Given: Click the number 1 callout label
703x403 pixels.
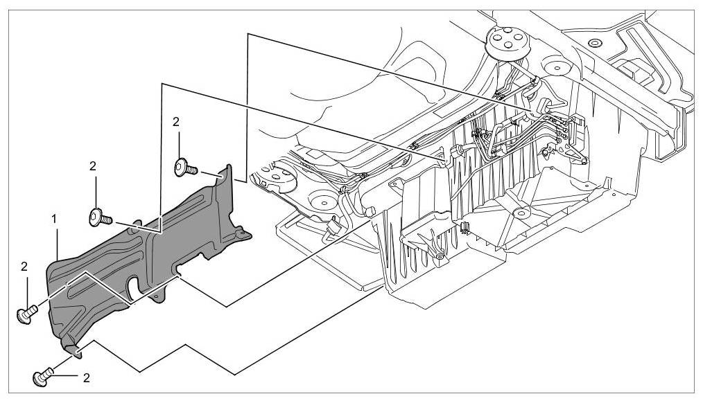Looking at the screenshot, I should coord(55,219).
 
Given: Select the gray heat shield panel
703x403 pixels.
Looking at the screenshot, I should coord(139,249).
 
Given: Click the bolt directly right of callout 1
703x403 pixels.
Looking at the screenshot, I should coord(99,218).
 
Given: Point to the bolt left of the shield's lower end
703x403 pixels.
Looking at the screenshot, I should coord(26,314).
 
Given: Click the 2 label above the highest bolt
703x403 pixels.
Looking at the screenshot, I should coord(176,122).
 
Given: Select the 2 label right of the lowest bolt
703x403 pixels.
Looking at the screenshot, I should coord(87,378).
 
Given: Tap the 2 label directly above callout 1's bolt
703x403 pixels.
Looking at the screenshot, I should coord(93,166).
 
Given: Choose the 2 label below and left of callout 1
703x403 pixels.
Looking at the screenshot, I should coord(24,266).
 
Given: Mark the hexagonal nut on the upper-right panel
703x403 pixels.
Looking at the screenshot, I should coord(593,45).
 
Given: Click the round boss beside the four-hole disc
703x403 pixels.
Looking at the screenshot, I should coord(554,68).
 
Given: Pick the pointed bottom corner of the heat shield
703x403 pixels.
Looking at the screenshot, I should coord(76,350).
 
